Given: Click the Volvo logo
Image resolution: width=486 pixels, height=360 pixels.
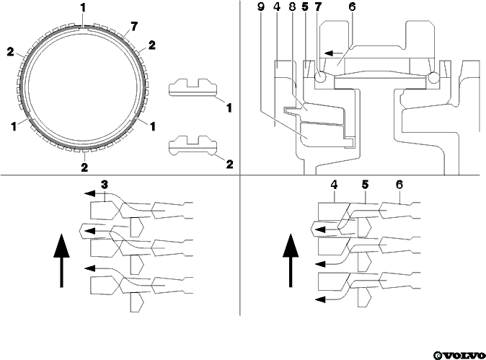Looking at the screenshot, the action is pos(459,355).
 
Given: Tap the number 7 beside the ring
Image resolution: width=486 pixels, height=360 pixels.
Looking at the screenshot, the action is pos(134,27).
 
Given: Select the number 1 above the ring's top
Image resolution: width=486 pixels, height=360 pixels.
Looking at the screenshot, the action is pos(83,9).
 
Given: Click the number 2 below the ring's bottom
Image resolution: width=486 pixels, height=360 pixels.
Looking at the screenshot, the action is pos(84,167).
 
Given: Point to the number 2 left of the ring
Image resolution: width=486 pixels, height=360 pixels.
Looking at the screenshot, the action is pos(11,52).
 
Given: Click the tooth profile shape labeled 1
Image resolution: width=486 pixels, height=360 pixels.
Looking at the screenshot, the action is pos(193,87).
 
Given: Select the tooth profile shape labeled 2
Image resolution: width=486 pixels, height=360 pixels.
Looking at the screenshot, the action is pos(193,145).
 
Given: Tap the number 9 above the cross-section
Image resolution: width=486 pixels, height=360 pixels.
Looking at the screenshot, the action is pos(261,6).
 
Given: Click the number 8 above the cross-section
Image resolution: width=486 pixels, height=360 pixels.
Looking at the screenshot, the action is pos(293,6).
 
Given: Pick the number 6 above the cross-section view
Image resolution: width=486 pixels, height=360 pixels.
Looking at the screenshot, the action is pos(352,6).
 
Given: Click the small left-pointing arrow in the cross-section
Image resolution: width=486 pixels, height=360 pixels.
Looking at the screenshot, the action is pos(334,53).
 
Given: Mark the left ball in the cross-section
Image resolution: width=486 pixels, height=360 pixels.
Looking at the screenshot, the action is pos(320,76).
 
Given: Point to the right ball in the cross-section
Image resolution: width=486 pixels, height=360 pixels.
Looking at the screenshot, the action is pos(433,77).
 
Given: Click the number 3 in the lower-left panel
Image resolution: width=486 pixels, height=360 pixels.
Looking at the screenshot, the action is pos(105,185).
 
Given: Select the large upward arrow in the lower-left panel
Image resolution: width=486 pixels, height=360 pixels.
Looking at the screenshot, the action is pos(62,260).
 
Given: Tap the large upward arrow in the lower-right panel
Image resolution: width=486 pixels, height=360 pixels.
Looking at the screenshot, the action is pos(291,260).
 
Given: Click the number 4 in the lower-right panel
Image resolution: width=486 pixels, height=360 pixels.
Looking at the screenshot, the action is pos(334,185).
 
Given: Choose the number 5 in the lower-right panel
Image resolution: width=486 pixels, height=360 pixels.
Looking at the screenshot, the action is pos(365,185).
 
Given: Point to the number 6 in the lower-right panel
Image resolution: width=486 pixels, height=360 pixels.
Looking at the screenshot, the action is pos(399,185).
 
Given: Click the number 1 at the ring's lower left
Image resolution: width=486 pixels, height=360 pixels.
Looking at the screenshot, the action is pos(14,126).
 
